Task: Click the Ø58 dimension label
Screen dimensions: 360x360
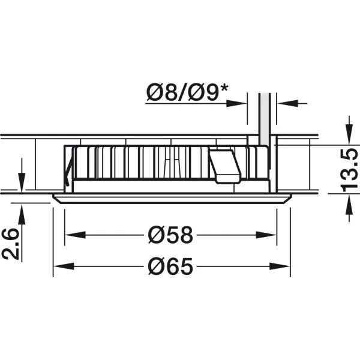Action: pos(170,235)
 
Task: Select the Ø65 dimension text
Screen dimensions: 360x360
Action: pos(170,266)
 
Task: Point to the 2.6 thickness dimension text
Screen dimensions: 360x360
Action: pos(10,244)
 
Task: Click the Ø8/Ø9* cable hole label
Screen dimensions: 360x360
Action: pos(187,92)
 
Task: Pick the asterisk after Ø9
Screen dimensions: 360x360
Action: pos(224,89)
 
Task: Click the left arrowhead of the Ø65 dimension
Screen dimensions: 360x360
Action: pos(64,266)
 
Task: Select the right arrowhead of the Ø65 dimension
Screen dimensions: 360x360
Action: pos(280,266)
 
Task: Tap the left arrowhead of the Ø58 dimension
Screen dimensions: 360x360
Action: pos(76,235)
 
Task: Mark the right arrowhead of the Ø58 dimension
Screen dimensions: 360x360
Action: pos(266,235)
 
